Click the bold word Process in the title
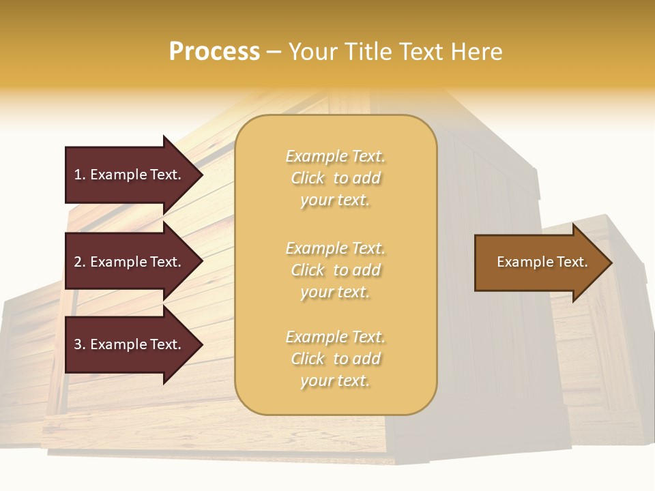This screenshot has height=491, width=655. pyautogui.click(x=214, y=52)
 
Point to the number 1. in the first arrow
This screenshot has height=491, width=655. pyautogui.click(x=80, y=175)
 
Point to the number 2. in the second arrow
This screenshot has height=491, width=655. pyautogui.click(x=80, y=262)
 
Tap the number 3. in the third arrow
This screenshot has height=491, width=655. pyautogui.click(x=80, y=344)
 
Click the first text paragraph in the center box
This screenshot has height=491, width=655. pyautogui.click(x=335, y=178)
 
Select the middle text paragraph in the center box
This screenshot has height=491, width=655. pyautogui.click(x=335, y=270)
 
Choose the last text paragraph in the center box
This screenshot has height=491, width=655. pyautogui.click(x=335, y=359)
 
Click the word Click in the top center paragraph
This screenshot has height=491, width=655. pyautogui.click(x=308, y=178)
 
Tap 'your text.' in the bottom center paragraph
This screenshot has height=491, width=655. pyautogui.click(x=335, y=381)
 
